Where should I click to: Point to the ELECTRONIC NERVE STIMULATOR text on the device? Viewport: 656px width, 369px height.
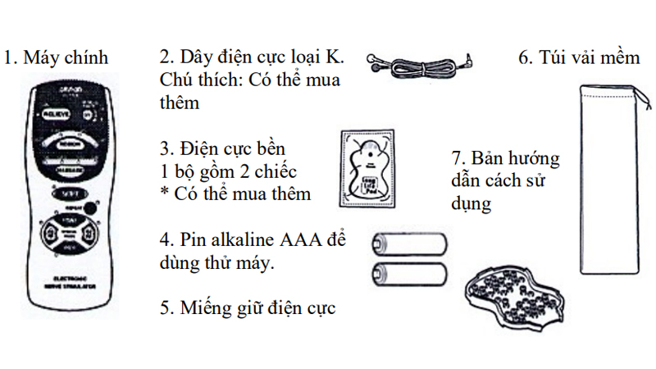click(x=67, y=284)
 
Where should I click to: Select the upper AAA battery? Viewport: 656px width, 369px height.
click(x=410, y=244)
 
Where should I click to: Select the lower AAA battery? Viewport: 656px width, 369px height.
click(x=410, y=273)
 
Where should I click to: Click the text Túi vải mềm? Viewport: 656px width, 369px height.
click(x=578, y=58)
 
